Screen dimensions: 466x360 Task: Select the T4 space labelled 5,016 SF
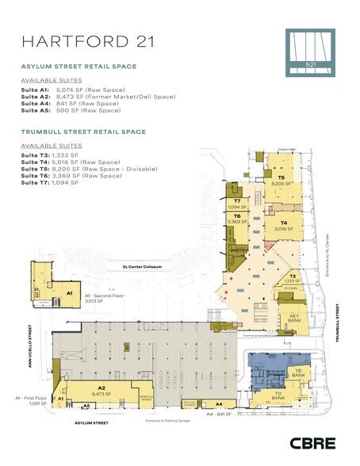coord(282,226)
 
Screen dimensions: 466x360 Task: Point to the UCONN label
coord(290,288)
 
